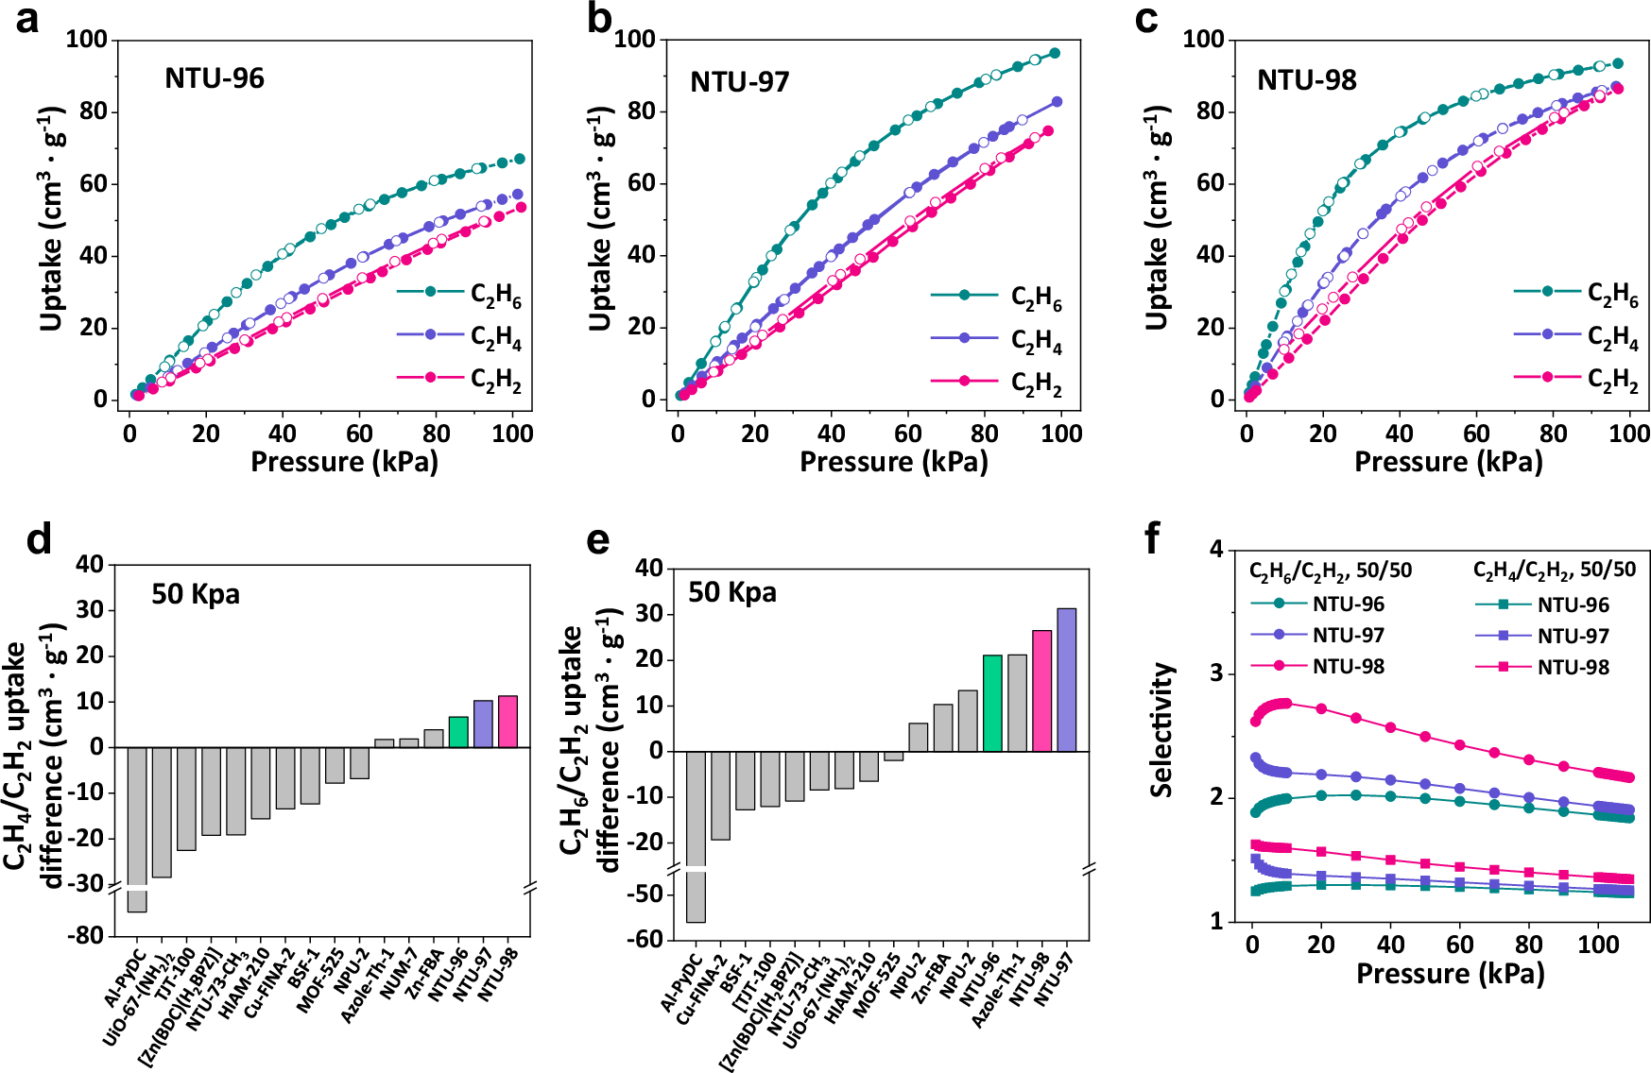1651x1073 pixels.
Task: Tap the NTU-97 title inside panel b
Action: tap(739, 82)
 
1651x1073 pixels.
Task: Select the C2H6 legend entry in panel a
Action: tap(459, 294)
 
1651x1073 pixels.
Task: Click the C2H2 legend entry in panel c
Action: tap(1576, 379)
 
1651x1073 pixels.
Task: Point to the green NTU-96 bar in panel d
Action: tap(458, 732)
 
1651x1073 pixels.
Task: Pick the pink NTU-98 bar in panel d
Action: tap(507, 722)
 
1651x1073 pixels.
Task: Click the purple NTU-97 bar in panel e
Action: tap(1066, 680)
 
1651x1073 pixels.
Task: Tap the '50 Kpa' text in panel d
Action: tap(196, 594)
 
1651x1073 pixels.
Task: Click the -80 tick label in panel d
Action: tap(89, 935)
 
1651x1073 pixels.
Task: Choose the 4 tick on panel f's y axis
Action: tap(1216, 549)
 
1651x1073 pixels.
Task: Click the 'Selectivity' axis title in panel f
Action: tap(1161, 730)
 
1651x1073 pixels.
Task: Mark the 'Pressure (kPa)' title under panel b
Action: tap(893, 462)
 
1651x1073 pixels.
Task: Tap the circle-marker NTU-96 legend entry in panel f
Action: tap(1317, 605)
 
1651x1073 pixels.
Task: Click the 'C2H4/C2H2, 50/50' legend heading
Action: tap(1554, 570)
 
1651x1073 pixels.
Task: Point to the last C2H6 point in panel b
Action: tap(1055, 53)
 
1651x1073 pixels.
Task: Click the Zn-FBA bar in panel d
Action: tap(434, 739)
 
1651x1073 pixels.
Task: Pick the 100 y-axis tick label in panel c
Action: tap(1203, 40)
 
